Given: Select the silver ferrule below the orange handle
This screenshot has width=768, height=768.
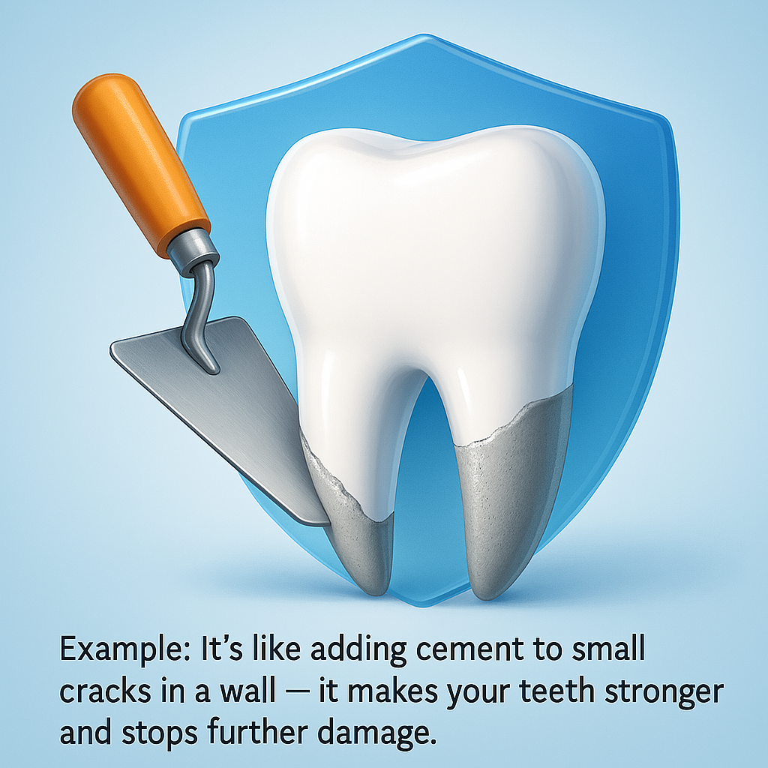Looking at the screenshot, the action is (193, 250).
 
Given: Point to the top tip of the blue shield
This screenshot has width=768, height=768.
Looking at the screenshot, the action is (424, 34).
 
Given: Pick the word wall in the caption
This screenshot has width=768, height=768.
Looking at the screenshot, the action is (247, 691).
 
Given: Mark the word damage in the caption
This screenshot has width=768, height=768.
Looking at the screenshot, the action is (376, 734).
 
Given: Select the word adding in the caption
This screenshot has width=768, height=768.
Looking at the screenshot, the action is (358, 650).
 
